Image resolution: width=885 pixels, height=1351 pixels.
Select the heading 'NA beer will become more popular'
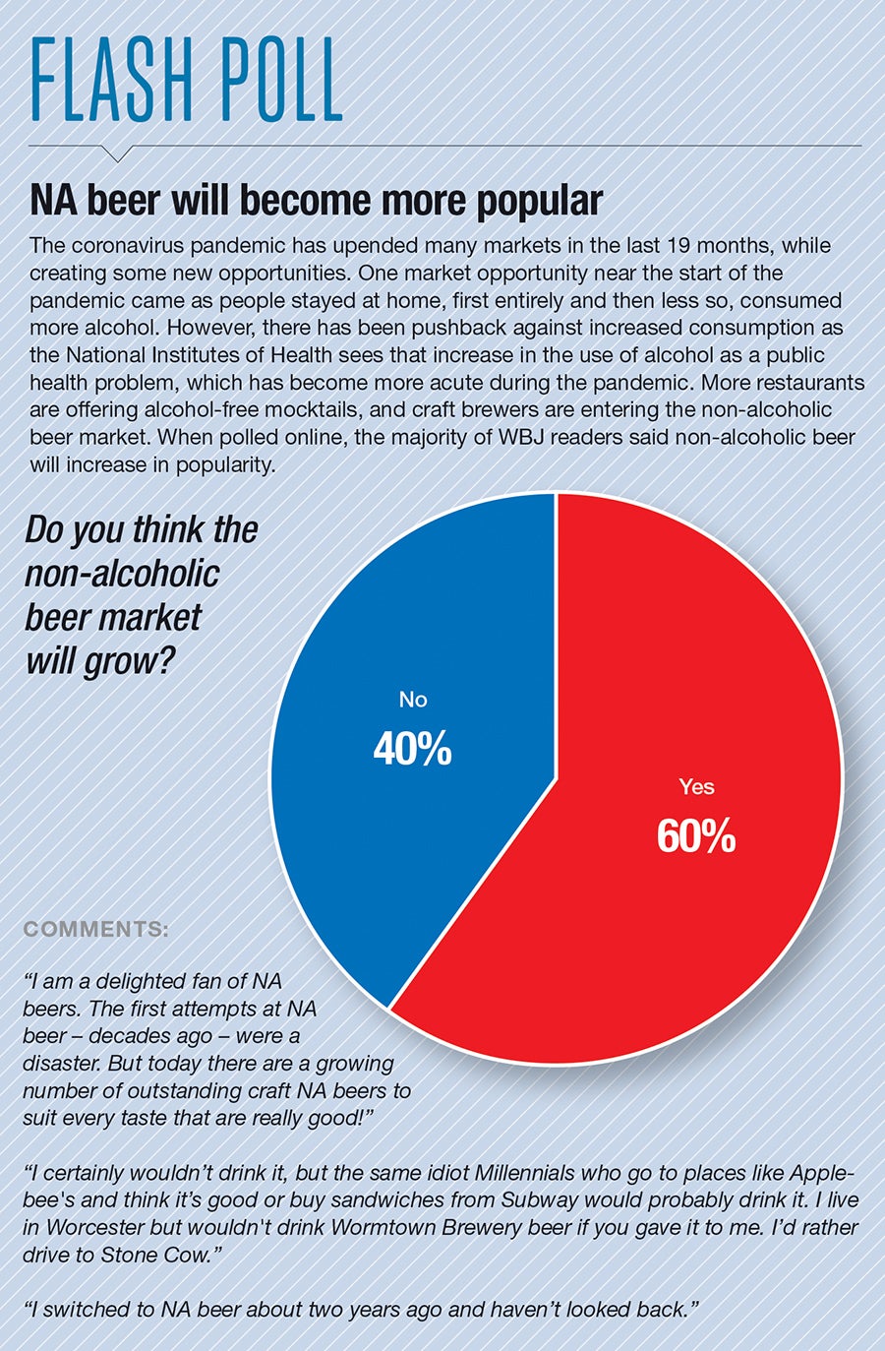pos(316,201)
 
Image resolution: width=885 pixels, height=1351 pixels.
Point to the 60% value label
pos(696,836)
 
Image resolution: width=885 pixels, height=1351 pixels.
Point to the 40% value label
pos(412,750)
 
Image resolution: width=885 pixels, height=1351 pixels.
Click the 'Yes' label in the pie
pos(696,787)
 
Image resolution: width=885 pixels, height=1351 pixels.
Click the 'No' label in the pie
pos(413,700)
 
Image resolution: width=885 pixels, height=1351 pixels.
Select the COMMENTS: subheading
pos(95,929)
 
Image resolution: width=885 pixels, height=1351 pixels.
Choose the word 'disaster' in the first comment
pos(61,1064)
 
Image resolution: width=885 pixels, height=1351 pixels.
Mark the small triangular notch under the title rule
pos(116,154)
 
